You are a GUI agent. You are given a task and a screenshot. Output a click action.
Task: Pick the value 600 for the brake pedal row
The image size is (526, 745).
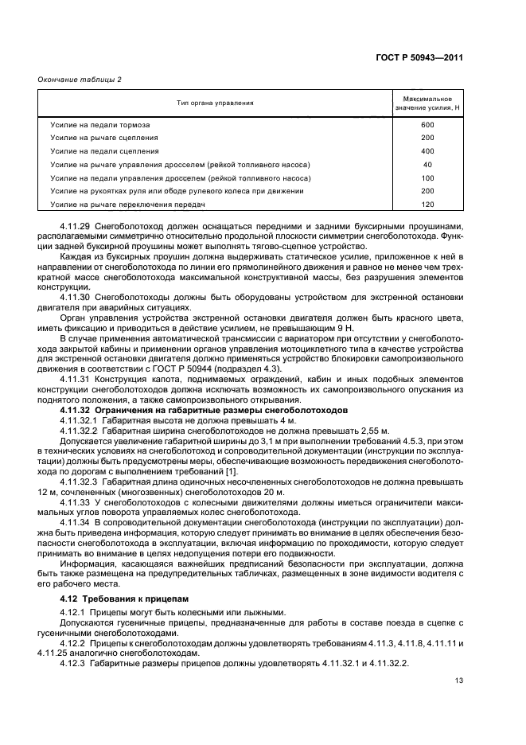point(427,125)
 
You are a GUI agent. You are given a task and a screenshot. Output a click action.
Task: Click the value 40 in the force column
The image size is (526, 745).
point(427,164)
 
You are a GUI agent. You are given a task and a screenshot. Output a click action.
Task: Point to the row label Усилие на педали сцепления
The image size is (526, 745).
point(104,150)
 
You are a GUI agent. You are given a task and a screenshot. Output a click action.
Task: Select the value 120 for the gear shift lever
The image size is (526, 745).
point(427,205)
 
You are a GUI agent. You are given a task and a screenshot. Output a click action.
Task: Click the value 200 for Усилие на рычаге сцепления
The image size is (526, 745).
point(427,138)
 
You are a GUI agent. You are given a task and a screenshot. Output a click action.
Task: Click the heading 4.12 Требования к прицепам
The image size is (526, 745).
point(120,597)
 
